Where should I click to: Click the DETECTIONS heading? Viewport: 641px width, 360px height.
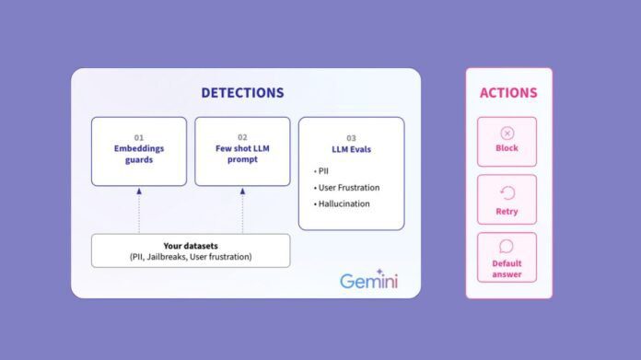(242, 93)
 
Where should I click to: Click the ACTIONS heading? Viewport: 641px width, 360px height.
(507, 93)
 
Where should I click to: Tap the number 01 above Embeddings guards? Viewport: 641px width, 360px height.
(139, 137)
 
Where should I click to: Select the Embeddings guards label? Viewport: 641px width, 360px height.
(139, 154)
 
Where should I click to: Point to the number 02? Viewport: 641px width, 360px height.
(242, 137)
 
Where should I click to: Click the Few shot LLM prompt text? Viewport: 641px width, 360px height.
(242, 154)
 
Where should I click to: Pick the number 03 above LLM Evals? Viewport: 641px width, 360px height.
(351, 138)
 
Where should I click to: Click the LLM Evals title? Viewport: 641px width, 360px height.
(351, 150)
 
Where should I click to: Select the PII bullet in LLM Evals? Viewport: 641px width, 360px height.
(321, 171)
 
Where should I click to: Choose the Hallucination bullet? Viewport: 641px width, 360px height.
(343, 203)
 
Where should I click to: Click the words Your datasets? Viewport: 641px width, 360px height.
(191, 245)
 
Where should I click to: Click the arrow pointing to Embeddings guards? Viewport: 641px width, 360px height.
(139, 192)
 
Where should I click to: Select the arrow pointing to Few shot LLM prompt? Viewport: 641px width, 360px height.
(242, 192)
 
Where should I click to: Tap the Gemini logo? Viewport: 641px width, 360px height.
(368, 279)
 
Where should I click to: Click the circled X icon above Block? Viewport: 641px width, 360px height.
(507, 134)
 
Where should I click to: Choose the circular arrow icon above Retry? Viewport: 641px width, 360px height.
(507, 193)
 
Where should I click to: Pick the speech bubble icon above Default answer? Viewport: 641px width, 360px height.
(507, 247)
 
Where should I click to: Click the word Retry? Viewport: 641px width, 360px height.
(507, 212)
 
